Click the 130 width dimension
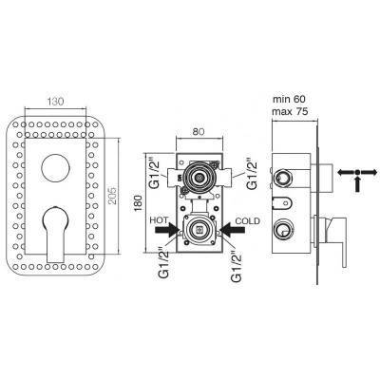(x=55, y=102)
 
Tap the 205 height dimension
(x=113, y=196)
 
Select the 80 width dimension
(x=199, y=131)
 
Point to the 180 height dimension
(x=138, y=203)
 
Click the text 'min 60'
(x=289, y=99)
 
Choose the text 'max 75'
(x=290, y=111)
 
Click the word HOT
(x=159, y=220)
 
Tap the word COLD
(x=247, y=220)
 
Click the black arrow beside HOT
(x=167, y=230)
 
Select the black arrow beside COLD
(x=233, y=230)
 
